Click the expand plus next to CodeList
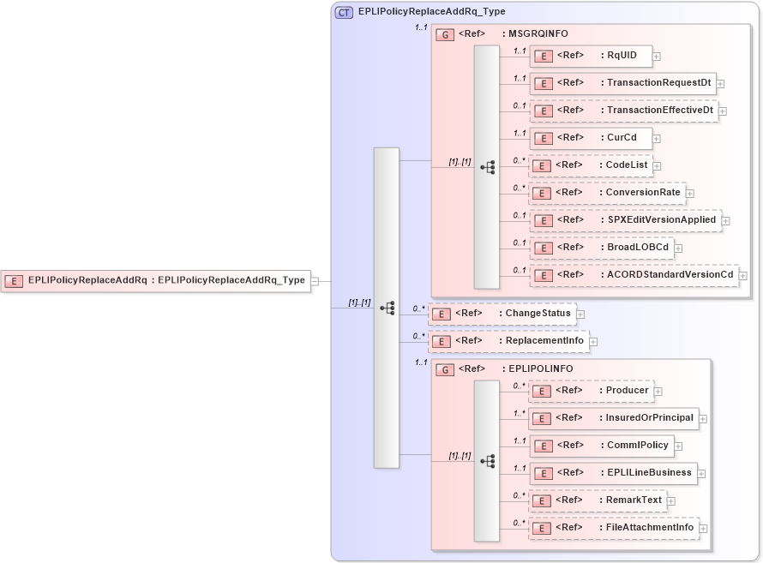click(658, 165)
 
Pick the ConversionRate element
click(606, 193)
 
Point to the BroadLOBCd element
click(601, 249)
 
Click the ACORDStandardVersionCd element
click(634, 275)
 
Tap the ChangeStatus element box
click(502, 314)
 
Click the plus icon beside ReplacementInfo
click(593, 342)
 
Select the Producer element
click(591, 391)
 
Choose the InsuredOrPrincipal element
click(613, 418)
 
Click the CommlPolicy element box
click(601, 446)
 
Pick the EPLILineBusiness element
click(612, 473)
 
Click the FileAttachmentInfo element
click(613, 528)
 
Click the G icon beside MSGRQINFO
click(445, 35)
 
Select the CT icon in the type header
click(344, 12)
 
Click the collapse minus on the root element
click(315, 280)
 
